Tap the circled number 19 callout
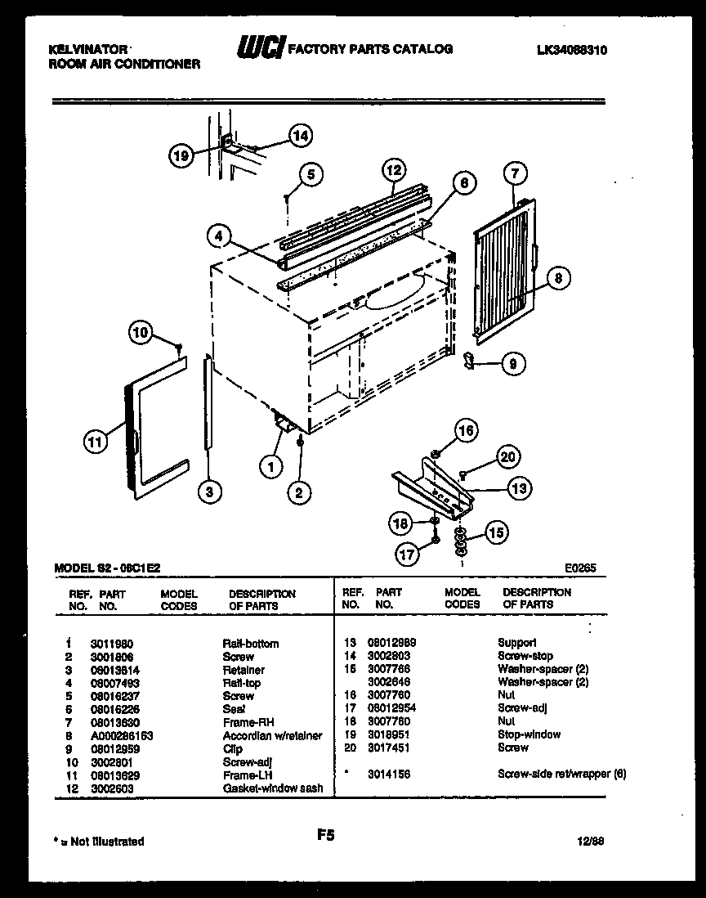point(183,155)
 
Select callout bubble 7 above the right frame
point(515,173)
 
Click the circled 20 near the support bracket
point(508,457)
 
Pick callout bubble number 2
point(299,492)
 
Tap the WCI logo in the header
point(260,49)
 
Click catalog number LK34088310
point(572,50)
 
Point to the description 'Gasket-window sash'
point(273,788)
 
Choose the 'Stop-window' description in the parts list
point(529,734)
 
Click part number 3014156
point(389,774)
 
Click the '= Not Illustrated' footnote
point(98,841)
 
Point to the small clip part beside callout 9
point(468,360)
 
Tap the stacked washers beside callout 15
point(462,541)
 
